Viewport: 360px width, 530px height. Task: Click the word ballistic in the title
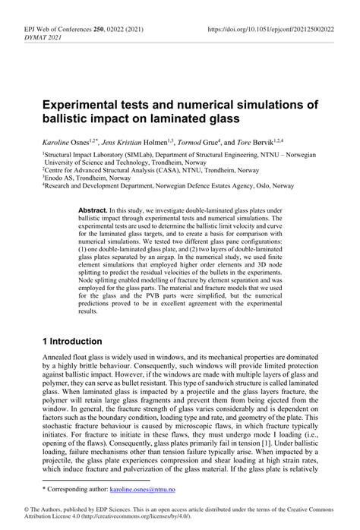(x=69, y=118)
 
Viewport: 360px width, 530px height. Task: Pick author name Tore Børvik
(x=270, y=142)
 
